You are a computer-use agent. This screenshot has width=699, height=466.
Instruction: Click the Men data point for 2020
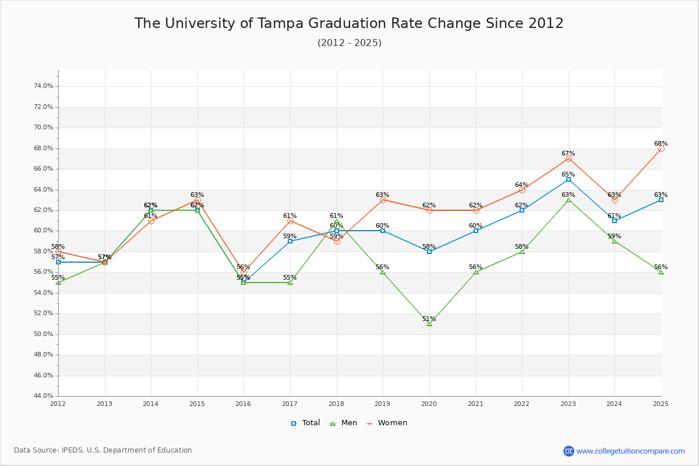429,323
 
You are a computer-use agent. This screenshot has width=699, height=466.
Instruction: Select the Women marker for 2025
661,149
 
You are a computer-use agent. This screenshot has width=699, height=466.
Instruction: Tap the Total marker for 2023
569,179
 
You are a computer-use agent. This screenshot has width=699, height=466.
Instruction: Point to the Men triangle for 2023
569,200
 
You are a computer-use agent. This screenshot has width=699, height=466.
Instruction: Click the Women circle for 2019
383,200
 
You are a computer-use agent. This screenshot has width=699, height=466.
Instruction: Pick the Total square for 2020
429,252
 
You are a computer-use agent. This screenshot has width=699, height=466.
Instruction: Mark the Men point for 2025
661,272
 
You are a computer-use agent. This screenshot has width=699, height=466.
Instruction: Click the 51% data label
429,319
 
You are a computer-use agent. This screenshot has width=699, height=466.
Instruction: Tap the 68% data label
661,144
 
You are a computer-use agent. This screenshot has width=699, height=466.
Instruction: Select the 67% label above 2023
568,154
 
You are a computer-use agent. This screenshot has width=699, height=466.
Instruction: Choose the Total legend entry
305,423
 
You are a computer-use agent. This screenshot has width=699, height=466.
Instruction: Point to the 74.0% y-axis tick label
44,86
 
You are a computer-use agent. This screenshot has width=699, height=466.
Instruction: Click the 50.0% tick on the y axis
44,334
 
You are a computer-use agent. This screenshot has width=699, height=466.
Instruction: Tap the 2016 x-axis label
243,403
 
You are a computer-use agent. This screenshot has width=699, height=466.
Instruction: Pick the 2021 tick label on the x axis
475,403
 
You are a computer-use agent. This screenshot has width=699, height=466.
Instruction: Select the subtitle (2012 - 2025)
349,43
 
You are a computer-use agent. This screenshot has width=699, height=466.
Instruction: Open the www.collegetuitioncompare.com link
630,451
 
